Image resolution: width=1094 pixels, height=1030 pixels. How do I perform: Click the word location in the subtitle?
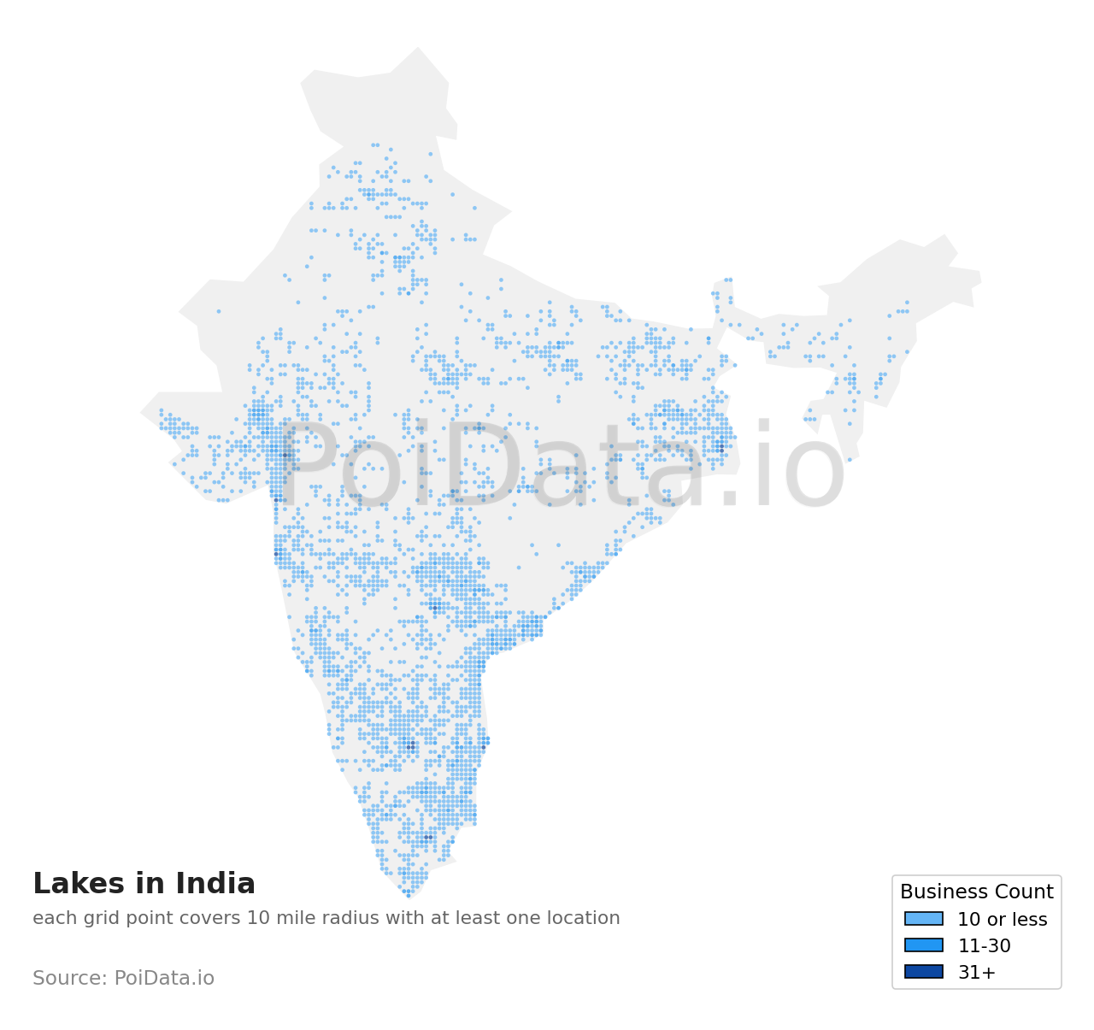click(x=585, y=918)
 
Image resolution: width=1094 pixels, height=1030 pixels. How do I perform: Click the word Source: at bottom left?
click(x=70, y=978)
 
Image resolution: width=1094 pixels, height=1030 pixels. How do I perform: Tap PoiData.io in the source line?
click(x=164, y=978)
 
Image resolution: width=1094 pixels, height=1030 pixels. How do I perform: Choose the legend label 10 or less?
click(x=1002, y=920)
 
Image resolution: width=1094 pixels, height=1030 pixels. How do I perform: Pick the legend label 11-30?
click(x=984, y=946)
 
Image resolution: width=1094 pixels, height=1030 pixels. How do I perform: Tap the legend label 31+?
click(x=976, y=973)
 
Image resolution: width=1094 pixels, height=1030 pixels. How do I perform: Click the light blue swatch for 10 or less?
click(x=924, y=919)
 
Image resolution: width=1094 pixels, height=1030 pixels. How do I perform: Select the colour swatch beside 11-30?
click(x=924, y=945)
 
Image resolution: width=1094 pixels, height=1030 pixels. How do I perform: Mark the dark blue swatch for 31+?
click(x=924, y=972)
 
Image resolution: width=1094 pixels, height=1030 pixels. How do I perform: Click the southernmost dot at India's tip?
click(x=409, y=895)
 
